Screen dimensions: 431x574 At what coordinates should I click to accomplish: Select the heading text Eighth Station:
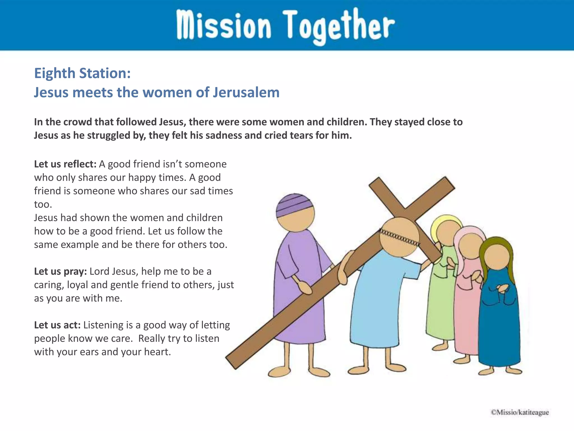coord(82,73)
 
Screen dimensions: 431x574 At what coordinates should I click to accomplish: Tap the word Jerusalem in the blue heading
coord(246,93)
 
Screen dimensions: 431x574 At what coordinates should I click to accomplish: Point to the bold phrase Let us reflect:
coord(65,164)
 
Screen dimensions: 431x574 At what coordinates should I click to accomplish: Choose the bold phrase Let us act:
coord(57,325)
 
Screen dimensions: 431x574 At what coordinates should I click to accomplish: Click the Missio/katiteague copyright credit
coord(520,412)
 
